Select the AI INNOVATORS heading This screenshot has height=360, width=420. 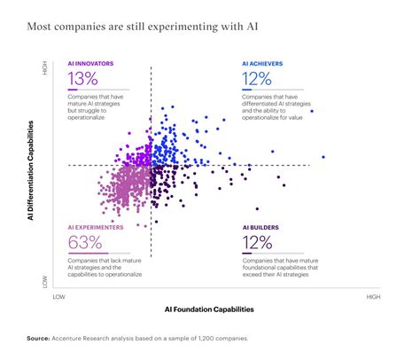pos(90,65)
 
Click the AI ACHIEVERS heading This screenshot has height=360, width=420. pos(263,65)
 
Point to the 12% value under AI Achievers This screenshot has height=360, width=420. pos(259,78)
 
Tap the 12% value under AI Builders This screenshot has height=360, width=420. pos(259,241)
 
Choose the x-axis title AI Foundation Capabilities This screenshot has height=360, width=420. pos(209,309)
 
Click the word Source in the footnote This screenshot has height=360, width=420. pos(38,338)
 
